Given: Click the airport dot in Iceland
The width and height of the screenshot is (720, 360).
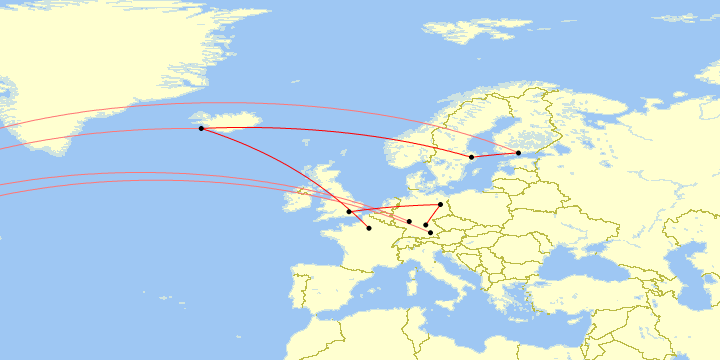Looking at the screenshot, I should [x=201, y=128].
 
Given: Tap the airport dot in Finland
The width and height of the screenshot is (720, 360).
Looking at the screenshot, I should [x=518, y=152].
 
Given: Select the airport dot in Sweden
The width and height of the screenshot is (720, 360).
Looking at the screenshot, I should [x=472, y=157].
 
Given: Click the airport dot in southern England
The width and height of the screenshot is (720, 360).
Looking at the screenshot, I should [x=349, y=212].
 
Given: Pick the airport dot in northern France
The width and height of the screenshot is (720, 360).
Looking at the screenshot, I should [x=369, y=228].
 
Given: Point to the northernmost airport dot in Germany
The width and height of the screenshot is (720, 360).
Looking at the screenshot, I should [x=440, y=204].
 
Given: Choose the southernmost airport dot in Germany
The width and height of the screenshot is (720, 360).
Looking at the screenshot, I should [x=430, y=233].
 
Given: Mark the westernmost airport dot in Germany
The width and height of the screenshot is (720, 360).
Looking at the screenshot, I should [x=409, y=221].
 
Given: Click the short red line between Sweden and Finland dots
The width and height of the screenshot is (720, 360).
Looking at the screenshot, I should [x=495, y=155].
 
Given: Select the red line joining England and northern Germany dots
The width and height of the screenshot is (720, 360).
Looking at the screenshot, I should [x=395, y=208].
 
